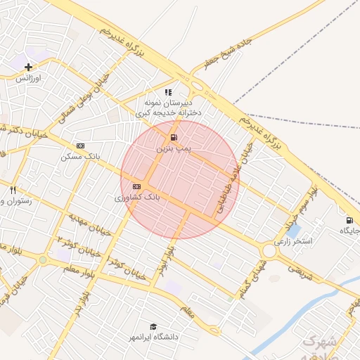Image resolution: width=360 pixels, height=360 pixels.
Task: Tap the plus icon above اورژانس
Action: tap(28, 67)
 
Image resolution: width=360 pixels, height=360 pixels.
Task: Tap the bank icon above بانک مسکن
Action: tap(80, 146)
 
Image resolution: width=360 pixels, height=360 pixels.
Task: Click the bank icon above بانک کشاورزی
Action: tap(136, 186)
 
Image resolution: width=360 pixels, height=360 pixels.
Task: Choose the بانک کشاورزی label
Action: tap(138, 198)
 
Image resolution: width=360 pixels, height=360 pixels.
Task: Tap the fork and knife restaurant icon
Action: tap(13, 190)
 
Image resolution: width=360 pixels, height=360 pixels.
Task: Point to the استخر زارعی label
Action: tap(292, 241)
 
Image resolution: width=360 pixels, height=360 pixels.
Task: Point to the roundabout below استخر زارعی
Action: tap(269, 252)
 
